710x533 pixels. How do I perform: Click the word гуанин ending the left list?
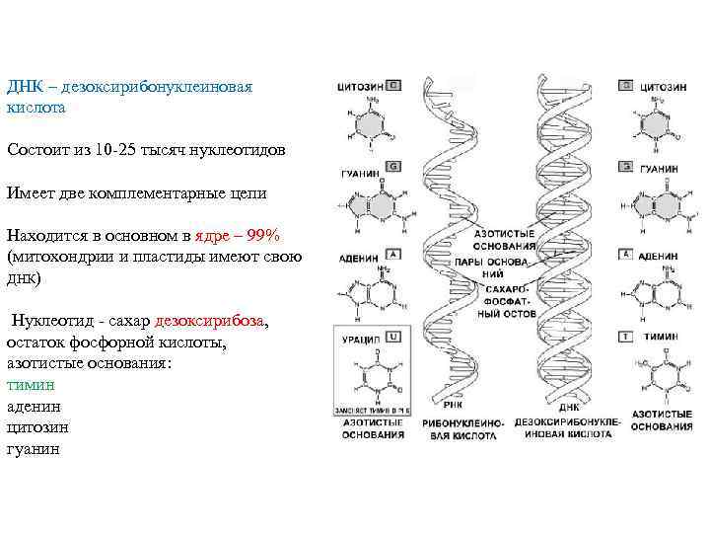coord(33,447)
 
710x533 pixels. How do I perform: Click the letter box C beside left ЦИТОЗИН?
coord(393,86)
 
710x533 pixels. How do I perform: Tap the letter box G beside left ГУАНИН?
coord(393,166)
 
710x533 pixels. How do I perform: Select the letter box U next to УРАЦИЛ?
coord(393,337)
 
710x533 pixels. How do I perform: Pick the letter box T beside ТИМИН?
coord(625,337)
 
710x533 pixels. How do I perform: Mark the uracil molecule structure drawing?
coord(370,375)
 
